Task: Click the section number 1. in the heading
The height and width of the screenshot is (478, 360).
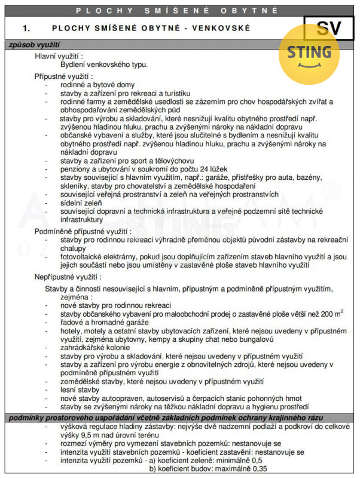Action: tap(26, 28)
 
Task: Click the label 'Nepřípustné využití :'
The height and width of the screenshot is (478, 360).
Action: tap(68, 277)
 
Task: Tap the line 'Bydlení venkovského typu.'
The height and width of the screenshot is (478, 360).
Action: tap(104, 64)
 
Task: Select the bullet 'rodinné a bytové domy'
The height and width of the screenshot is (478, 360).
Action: tap(97, 85)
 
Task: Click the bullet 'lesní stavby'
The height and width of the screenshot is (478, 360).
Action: tap(80, 390)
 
